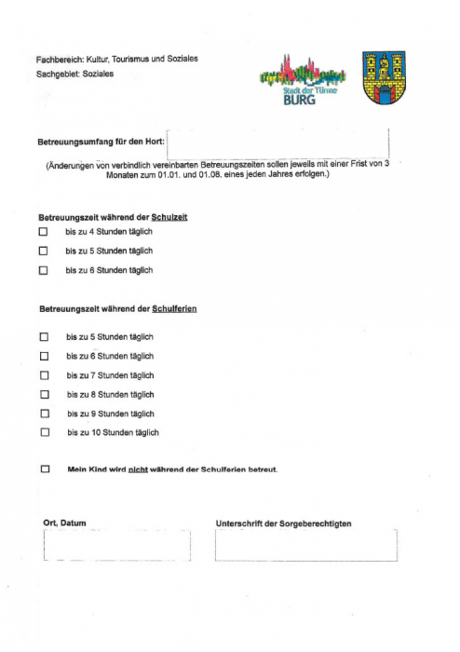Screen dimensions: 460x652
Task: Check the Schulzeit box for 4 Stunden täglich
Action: (43, 231)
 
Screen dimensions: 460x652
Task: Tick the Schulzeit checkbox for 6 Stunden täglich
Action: (43, 270)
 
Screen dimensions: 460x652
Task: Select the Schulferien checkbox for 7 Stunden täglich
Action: (44, 375)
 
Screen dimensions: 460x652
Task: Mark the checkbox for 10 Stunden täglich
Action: (44, 432)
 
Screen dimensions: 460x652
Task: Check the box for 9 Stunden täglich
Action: (44, 414)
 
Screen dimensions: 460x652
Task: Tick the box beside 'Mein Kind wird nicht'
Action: (45, 469)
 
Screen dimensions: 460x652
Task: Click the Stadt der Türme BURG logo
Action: (302, 79)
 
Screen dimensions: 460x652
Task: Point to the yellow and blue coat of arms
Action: (383, 78)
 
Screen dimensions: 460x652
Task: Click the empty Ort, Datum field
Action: (116, 546)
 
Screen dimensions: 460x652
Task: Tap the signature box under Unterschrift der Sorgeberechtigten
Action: (305, 546)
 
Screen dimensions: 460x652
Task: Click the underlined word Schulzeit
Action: (170, 216)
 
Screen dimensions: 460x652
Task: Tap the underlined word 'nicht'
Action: (138, 469)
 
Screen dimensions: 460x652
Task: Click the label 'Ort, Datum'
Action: (64, 523)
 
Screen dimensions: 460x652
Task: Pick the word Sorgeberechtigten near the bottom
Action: (312, 524)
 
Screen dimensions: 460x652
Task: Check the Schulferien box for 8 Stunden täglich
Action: (44, 394)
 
